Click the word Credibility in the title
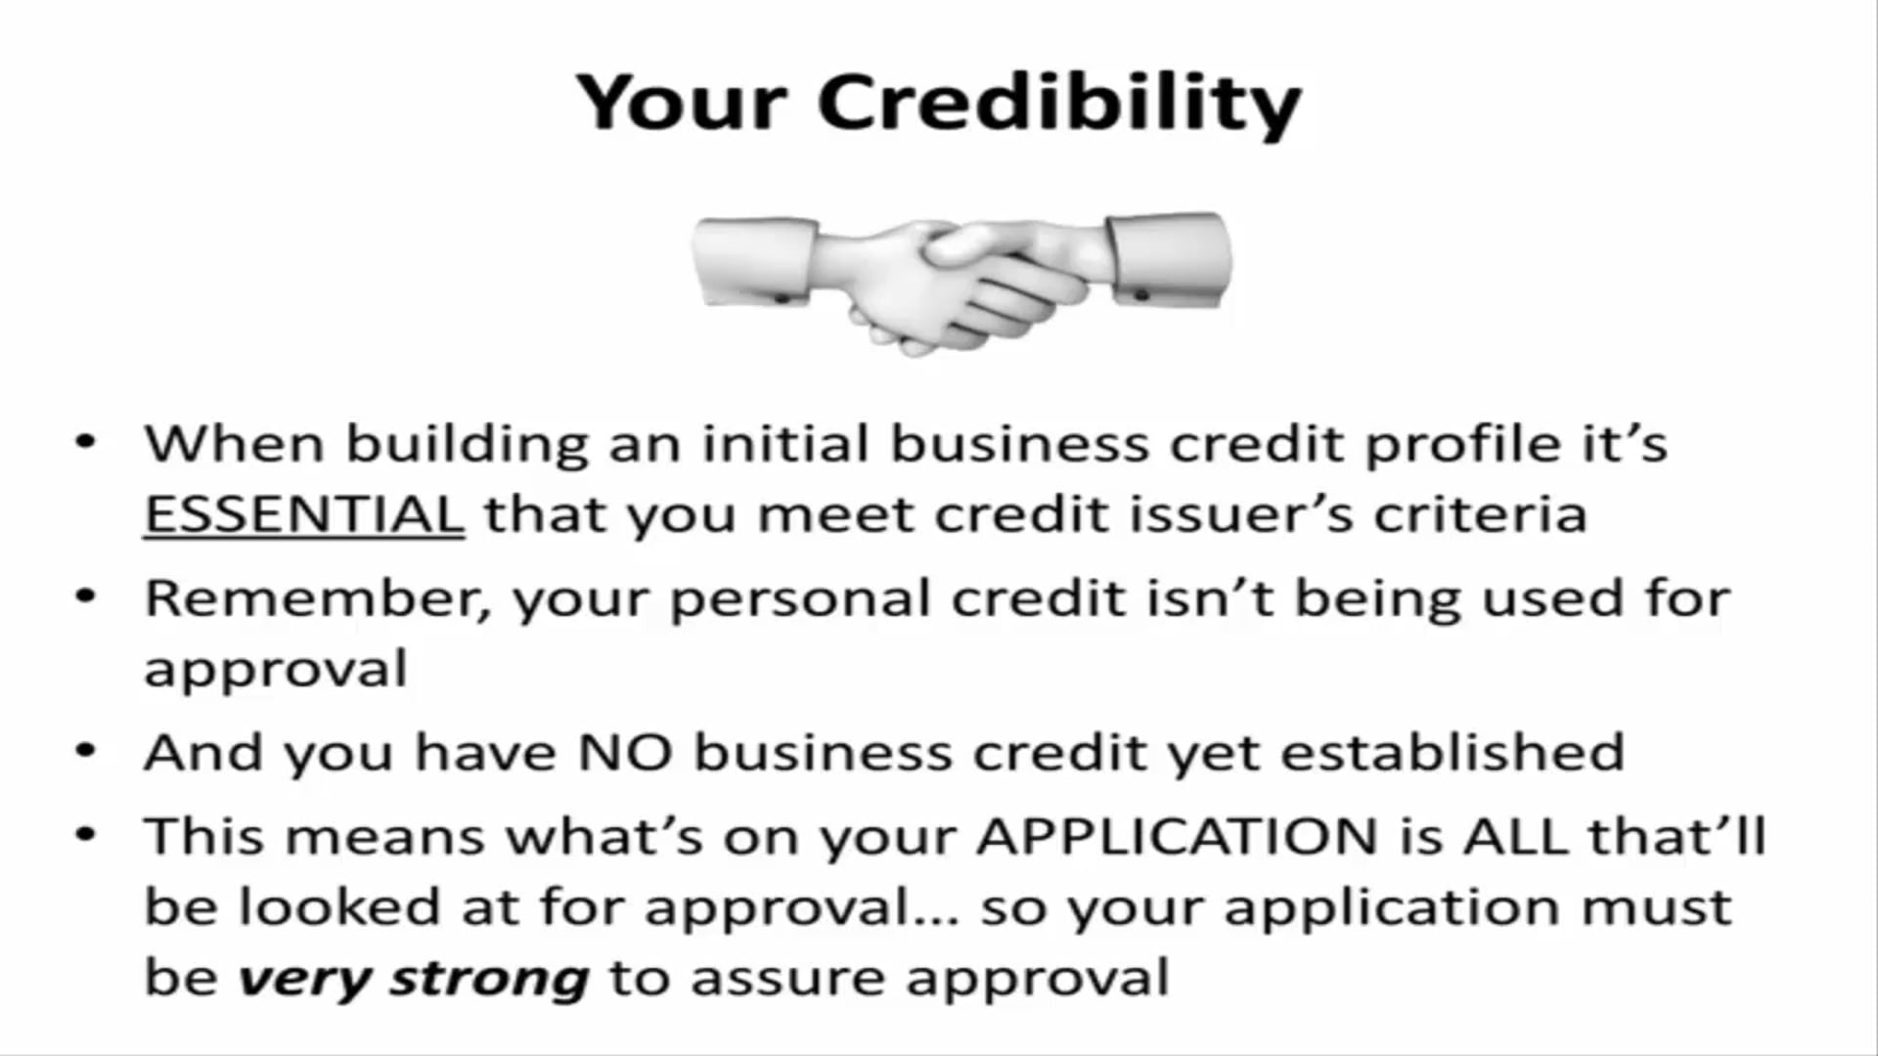pyautogui.click(x=1059, y=103)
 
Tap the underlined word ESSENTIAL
pyautogui.click(x=304, y=514)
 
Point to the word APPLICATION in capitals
pyautogui.click(x=1178, y=837)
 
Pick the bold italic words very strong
pyautogui.click(x=414, y=978)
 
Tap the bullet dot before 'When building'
pyautogui.click(x=87, y=443)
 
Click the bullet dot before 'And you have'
pyautogui.click(x=87, y=752)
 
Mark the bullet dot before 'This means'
pyautogui.click(x=87, y=836)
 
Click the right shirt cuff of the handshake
pyautogui.click(x=1168, y=259)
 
